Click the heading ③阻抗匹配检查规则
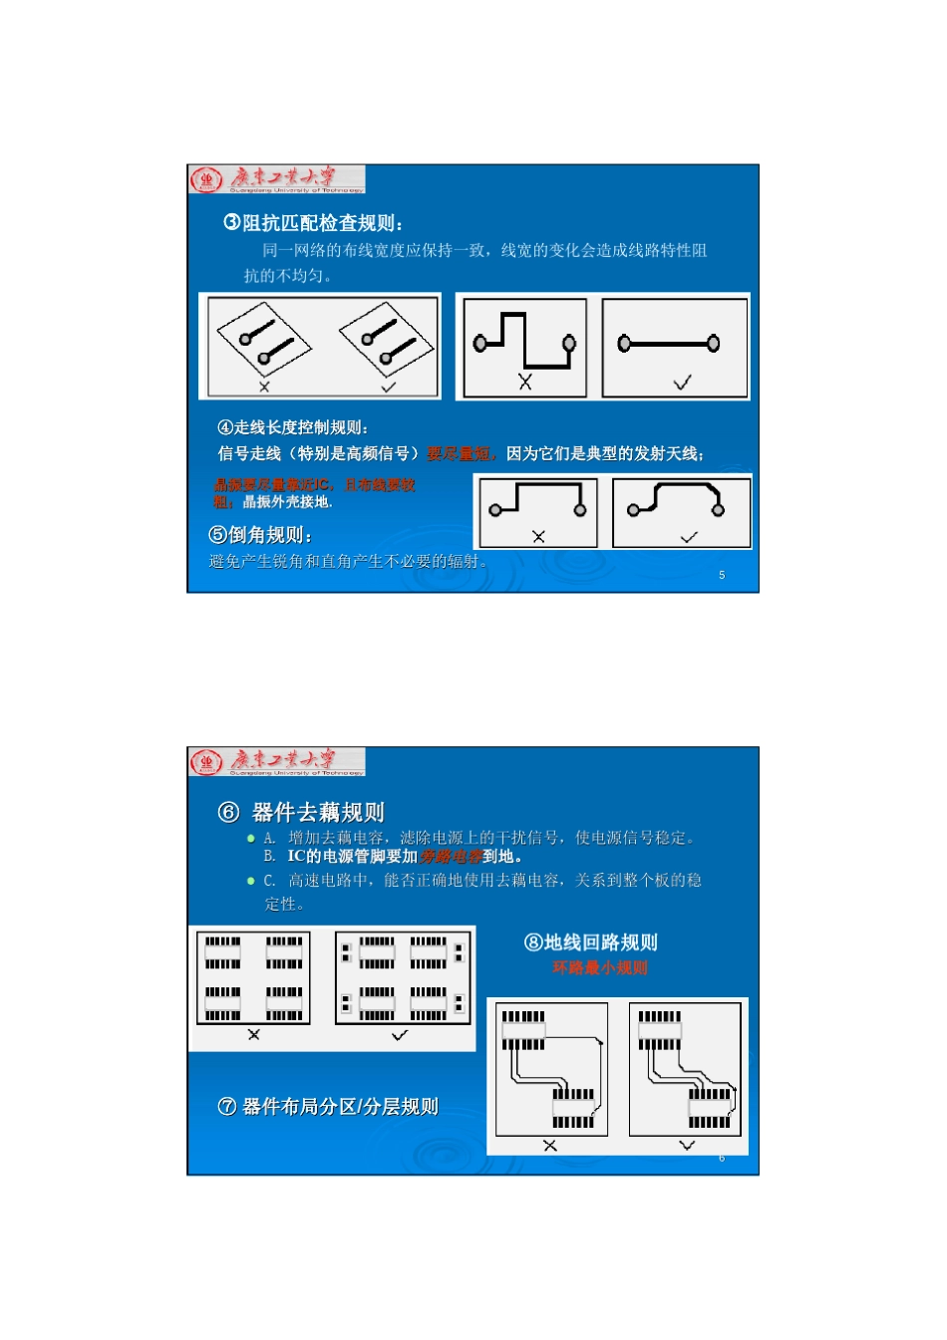tap(312, 223)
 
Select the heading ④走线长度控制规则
tap(292, 427)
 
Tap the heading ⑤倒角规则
tap(260, 535)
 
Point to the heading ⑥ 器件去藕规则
tap(301, 812)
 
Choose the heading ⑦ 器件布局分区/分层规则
tap(328, 1107)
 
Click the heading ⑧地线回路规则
tap(591, 942)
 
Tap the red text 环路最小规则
tap(600, 967)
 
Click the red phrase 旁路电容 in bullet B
tap(451, 857)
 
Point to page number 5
tap(722, 575)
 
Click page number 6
tap(722, 1158)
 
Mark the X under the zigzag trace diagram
tap(525, 382)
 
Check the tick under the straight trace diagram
tap(683, 382)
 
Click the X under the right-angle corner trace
tap(538, 536)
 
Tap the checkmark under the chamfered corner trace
tap(689, 537)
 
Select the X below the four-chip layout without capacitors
tap(253, 1035)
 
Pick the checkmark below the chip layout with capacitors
tap(400, 1035)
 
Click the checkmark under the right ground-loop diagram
tap(687, 1146)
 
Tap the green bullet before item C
tap(251, 881)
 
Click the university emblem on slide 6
tap(206, 762)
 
